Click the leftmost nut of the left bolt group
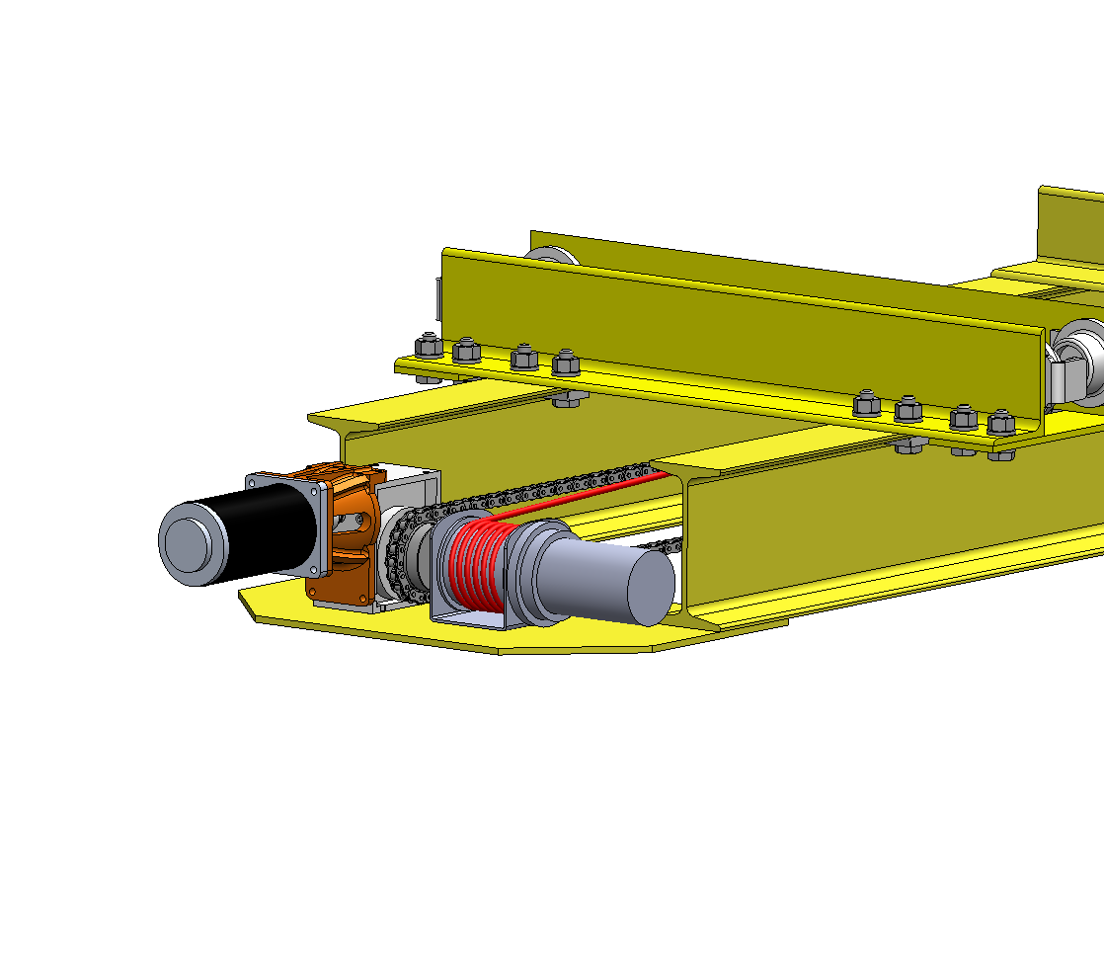(x=428, y=347)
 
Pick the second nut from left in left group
(x=466, y=350)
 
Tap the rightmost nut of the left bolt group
(x=566, y=362)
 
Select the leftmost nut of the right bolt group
(x=866, y=403)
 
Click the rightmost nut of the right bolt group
(x=1000, y=422)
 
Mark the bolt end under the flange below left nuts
(x=571, y=399)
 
